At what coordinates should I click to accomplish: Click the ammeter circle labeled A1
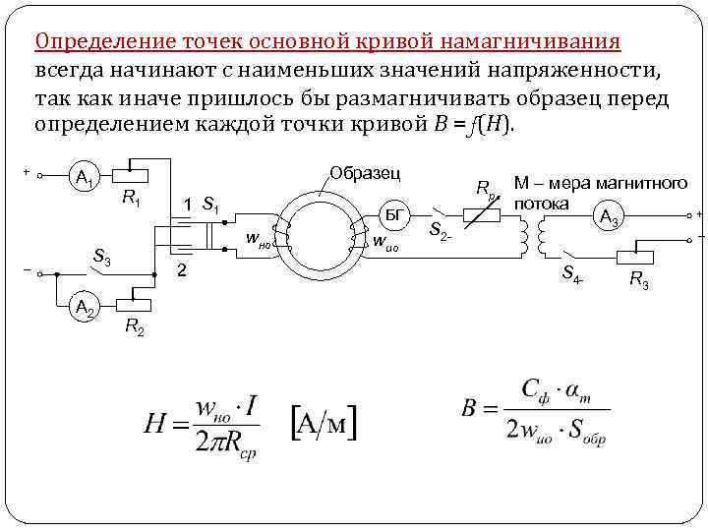point(84,180)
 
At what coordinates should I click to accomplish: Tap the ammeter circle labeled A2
point(84,309)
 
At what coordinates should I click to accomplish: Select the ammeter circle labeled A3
point(609,216)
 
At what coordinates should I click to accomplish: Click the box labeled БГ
point(392,214)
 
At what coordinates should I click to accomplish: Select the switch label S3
point(100,258)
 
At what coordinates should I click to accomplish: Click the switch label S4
point(571,277)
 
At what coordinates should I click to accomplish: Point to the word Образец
point(365,173)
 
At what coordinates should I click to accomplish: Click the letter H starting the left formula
point(156,425)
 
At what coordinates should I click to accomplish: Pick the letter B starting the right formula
point(469,408)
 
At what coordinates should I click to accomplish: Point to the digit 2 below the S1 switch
point(180,268)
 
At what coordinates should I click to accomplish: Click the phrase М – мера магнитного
point(600,183)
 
